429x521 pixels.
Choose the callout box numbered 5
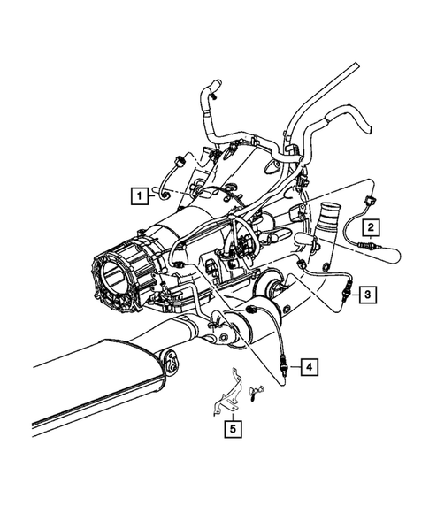tap(232, 431)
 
